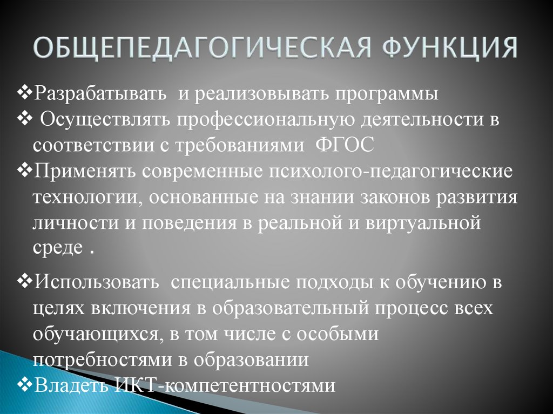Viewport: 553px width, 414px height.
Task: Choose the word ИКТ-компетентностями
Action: [225, 385]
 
